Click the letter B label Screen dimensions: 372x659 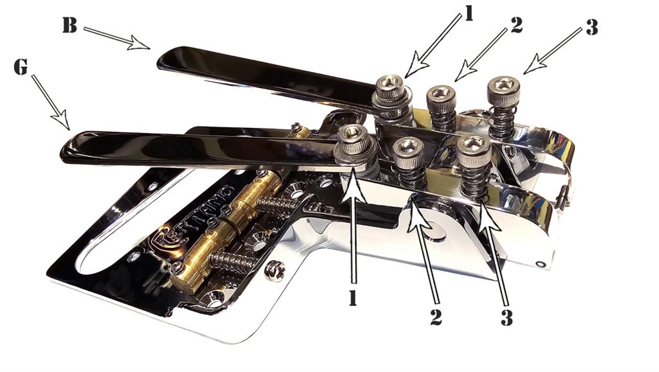pyautogui.click(x=69, y=25)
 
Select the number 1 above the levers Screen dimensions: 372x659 pyautogui.click(x=468, y=14)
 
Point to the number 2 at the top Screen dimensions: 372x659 pyautogui.click(x=514, y=24)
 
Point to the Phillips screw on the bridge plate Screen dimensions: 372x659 pyautogui.click(x=276, y=267)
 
